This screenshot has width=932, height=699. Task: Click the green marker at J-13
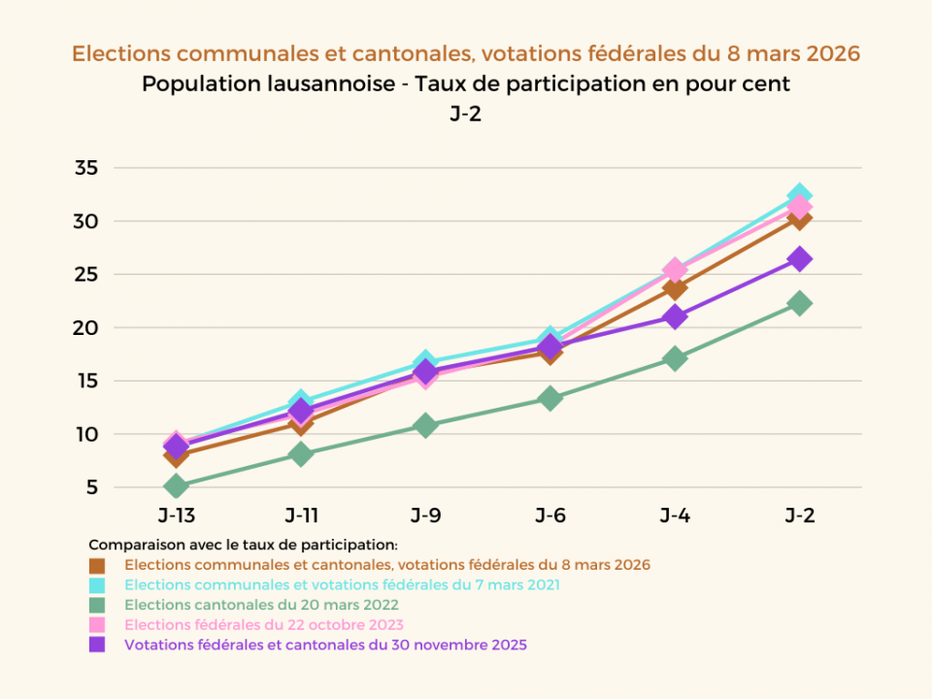(176, 485)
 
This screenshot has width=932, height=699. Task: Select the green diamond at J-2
(800, 303)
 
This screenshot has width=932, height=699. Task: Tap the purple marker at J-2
(800, 259)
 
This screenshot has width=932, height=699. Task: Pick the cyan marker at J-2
(800, 196)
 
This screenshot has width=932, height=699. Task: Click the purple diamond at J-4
(675, 316)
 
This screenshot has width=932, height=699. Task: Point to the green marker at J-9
(425, 425)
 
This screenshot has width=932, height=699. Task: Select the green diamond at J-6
(550, 398)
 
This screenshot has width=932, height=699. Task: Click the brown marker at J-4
(675, 287)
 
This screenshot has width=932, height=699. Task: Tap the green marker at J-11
(301, 453)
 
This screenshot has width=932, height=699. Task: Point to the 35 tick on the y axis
(86, 168)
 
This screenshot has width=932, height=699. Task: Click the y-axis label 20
(86, 328)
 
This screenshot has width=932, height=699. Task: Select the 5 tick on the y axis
(92, 487)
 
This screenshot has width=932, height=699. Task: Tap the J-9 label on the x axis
(425, 516)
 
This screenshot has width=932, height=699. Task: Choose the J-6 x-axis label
(550, 516)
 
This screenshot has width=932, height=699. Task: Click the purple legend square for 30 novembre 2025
(97, 645)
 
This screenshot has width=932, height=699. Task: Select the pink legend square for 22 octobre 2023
(97, 624)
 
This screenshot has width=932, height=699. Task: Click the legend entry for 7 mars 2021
(342, 584)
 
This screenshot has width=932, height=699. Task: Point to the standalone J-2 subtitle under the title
(466, 114)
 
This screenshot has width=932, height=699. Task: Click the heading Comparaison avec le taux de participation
(243, 545)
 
